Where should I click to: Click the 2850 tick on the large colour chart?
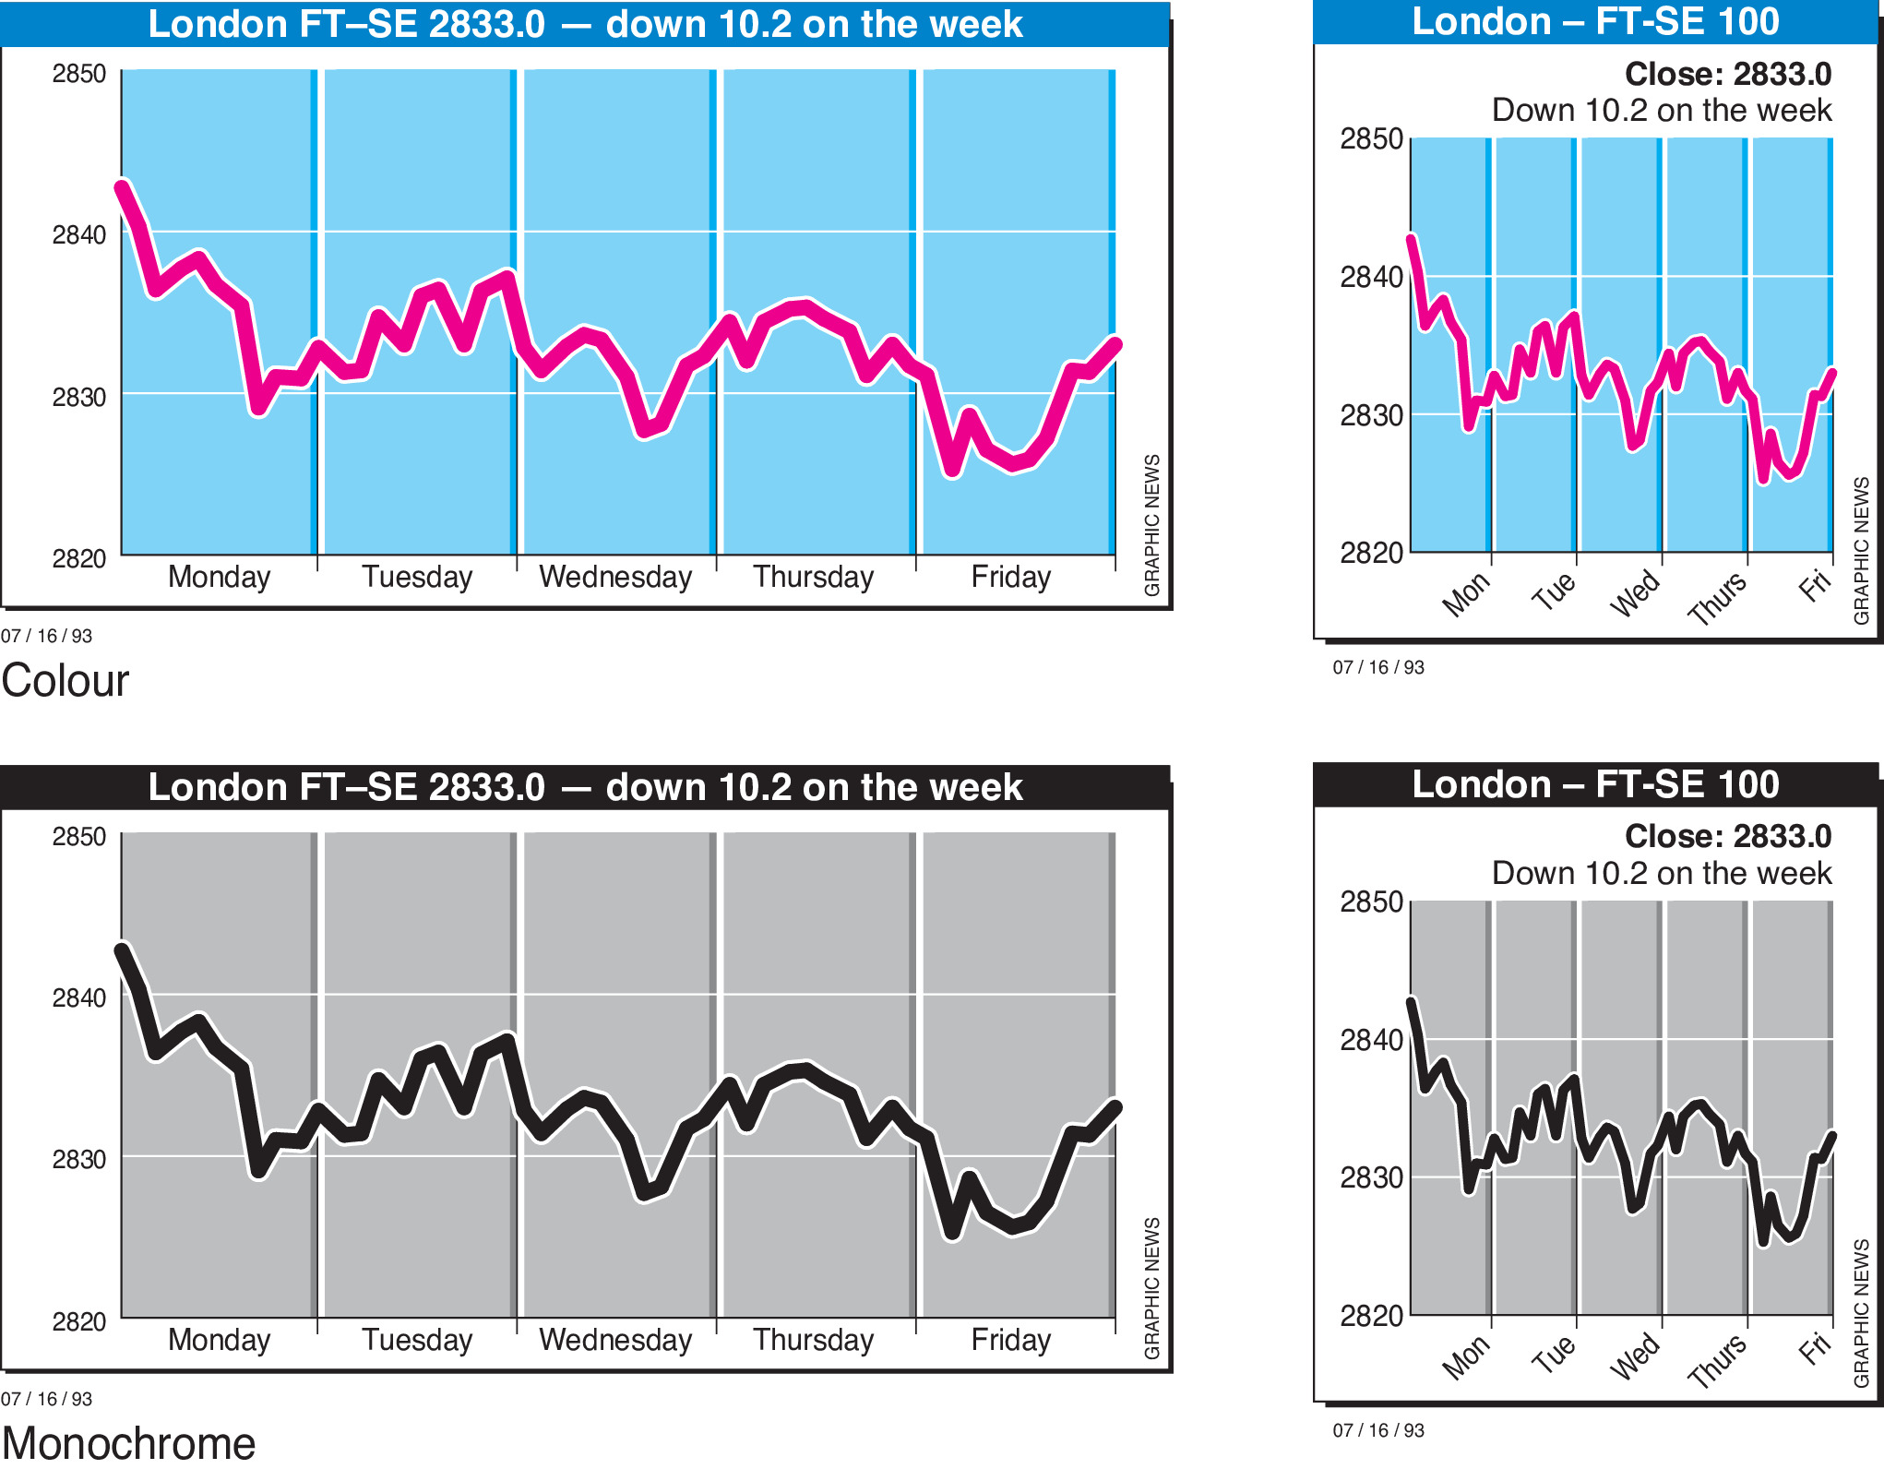coord(79,74)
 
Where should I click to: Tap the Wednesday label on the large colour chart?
coord(615,577)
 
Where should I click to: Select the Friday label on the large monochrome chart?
coord(1010,1340)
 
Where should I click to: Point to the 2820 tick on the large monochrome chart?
coord(79,1321)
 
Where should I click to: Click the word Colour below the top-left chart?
coord(66,681)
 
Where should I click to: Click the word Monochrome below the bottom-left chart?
coord(128,1444)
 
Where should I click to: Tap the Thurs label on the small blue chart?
coord(1717,598)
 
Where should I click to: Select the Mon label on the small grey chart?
coord(1466,1357)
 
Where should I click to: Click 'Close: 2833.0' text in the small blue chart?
coord(1727,74)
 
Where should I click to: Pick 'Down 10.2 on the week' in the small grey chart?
coord(1661,873)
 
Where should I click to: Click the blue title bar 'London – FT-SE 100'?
coord(1595,21)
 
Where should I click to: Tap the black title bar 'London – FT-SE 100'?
coord(1595,784)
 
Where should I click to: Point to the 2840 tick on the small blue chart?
coord(1371,277)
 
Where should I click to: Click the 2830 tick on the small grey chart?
coord(1371,1177)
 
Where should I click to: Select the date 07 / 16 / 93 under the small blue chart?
coord(1378,667)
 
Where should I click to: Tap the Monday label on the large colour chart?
coord(220,577)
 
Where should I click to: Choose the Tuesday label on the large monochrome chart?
coord(417,1340)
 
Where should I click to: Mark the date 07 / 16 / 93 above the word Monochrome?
coord(46,1399)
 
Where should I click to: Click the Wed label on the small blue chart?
coord(1635,593)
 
